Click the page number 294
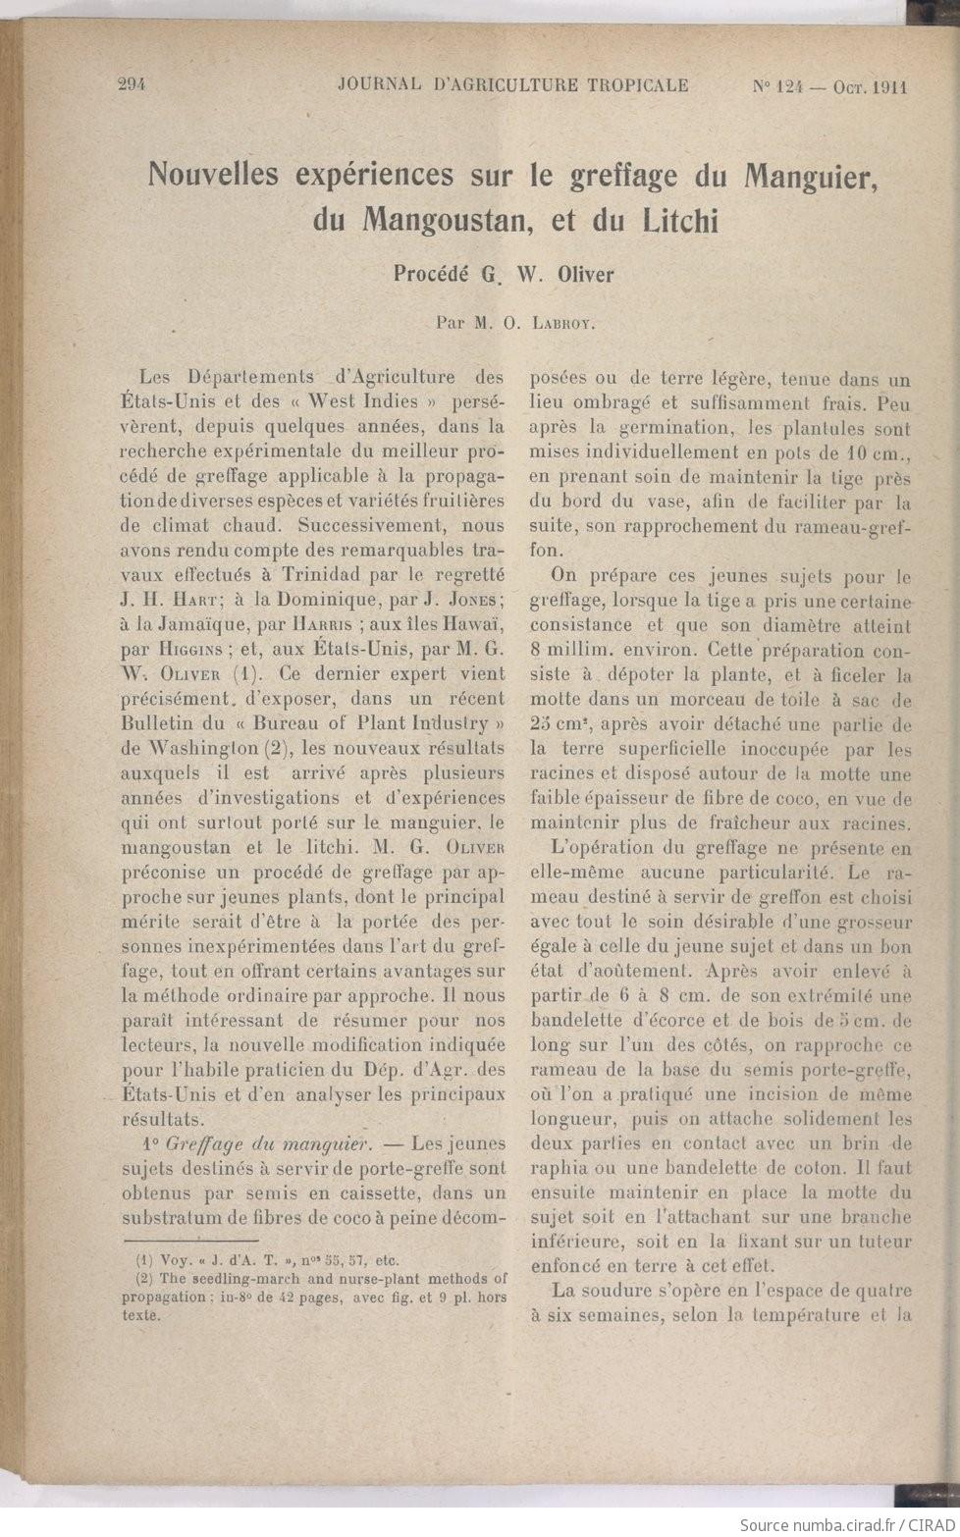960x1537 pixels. [131, 85]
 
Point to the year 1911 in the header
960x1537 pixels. [889, 86]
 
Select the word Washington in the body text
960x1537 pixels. [202, 749]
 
